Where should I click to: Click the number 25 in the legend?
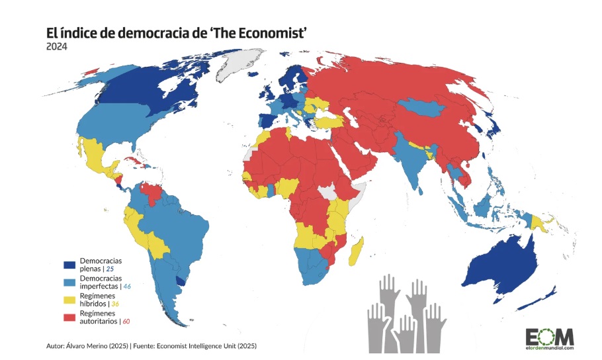pos(110,269)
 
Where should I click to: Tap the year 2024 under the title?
pos(56,46)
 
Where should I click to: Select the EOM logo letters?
pos(550,336)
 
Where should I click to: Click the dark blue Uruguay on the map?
pos(180,281)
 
